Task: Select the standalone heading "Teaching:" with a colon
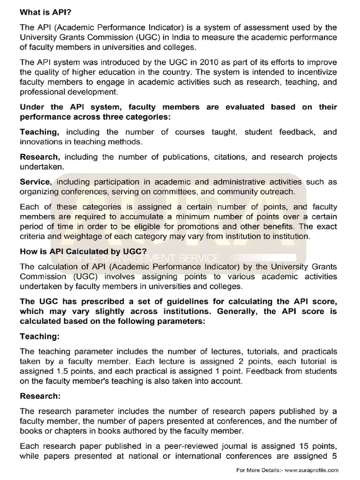tap(39, 336)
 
